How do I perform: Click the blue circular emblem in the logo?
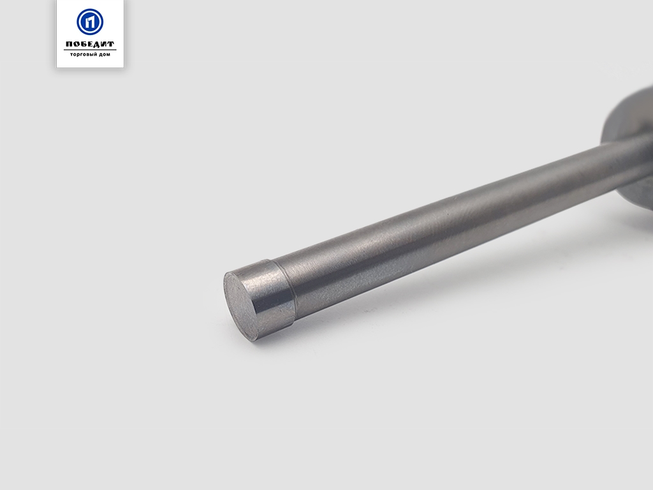pos(90,22)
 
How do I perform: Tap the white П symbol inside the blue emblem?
pos(90,22)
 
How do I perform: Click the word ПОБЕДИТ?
pos(90,44)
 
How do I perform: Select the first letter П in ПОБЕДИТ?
pos(70,44)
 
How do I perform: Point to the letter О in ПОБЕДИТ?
pos(77,44)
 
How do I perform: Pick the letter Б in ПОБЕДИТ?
pos(84,44)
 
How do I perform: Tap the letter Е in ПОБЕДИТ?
pos(91,44)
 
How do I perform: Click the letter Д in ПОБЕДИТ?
pos(98,45)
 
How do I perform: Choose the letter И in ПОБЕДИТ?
pos(104,44)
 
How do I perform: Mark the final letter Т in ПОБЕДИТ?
pos(111,44)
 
